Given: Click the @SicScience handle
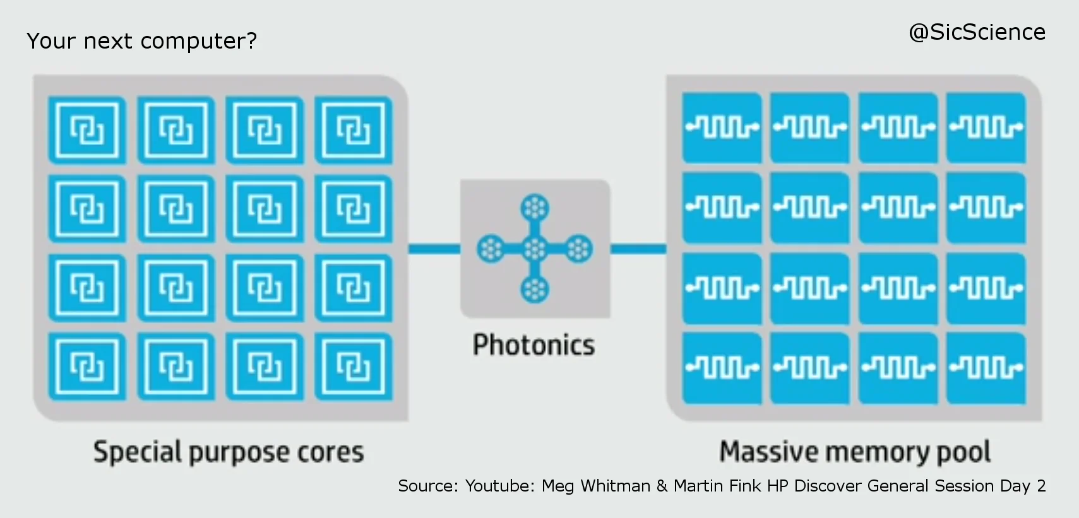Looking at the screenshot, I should point(977,32).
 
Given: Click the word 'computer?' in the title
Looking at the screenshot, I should point(199,42).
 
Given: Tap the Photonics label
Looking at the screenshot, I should point(534,345).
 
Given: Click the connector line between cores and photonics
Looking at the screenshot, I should point(434,249).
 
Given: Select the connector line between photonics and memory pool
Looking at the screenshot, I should point(638,249).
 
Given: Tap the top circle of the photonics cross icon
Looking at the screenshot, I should point(535,208).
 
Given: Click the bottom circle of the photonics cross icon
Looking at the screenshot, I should point(535,290).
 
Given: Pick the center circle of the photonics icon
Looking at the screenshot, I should point(535,249).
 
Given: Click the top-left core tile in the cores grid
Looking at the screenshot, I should point(86,130).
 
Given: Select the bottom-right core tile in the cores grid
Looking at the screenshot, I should point(354,367).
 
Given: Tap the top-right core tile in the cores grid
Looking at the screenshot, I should point(354,130).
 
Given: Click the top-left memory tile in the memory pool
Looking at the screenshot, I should point(722,128).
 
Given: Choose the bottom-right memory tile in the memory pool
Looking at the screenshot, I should point(986,368).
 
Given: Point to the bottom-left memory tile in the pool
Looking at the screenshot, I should point(722,368).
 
